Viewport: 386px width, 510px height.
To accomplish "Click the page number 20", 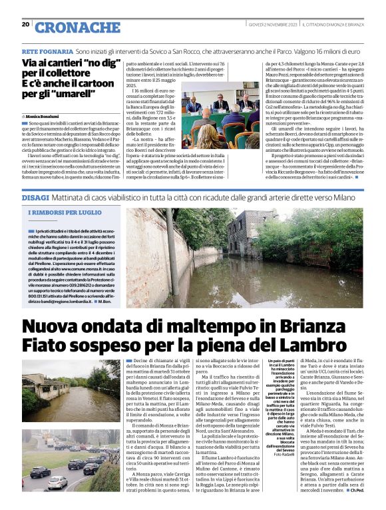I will click(25, 25).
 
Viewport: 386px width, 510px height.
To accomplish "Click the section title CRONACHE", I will click(71, 27).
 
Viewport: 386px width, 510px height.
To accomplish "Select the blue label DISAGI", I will click(35, 198).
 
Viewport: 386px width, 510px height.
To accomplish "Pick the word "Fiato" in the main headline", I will click(47, 346).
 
